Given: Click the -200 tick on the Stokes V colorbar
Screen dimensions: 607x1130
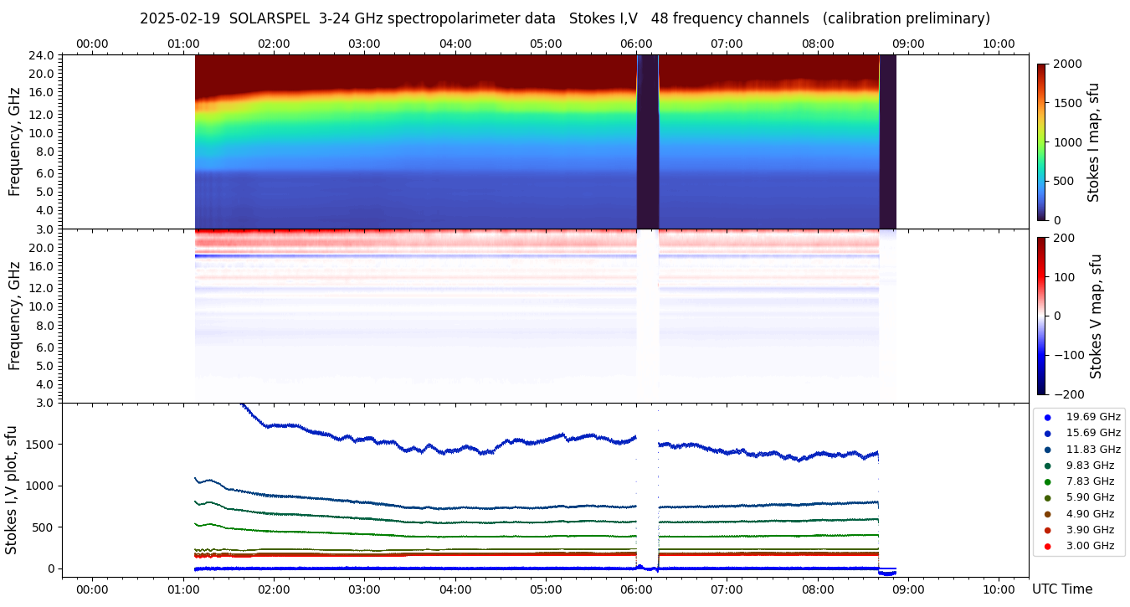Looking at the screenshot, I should coord(1069,394).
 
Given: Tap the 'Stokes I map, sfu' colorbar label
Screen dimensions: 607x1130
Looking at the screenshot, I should coord(1093,142).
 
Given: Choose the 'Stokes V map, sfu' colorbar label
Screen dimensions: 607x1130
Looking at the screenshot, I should coord(1095,316).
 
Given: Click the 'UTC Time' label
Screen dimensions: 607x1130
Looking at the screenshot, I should coord(1061,589).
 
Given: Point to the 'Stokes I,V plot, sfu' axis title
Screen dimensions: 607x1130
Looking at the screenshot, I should coord(12,490).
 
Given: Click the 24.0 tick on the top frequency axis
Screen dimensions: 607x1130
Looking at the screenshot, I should coord(43,55).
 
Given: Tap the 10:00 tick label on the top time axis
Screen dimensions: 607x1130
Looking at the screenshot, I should coord(999,44).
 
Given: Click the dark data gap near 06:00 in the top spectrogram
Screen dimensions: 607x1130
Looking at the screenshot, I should coord(648,142).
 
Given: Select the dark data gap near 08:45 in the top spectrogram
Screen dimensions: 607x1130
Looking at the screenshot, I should coord(888,142).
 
